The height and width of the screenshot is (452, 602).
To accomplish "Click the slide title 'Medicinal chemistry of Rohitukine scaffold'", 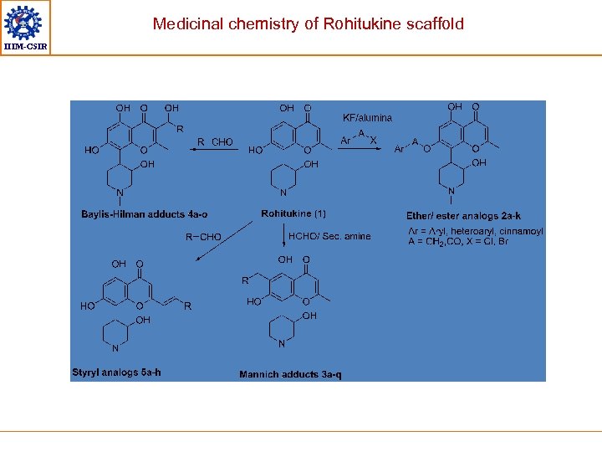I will (308, 23).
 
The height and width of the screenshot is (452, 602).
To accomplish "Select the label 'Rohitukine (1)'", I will (293, 214).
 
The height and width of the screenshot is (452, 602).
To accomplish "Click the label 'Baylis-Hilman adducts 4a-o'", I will (145, 214).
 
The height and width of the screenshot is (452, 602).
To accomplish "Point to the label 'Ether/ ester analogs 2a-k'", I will (463, 216).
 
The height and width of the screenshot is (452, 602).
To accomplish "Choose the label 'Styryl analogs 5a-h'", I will (116, 372).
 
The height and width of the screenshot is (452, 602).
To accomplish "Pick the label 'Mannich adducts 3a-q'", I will (290, 374).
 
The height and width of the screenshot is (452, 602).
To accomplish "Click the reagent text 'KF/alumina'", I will (367, 118).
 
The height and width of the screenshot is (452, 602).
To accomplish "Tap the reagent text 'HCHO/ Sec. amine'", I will (329, 237).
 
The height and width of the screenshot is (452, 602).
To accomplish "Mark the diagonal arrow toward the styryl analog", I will (224, 241).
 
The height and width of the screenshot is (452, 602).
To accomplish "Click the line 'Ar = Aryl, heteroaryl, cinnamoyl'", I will (475, 231).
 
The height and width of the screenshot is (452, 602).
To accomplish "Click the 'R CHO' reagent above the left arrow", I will (216, 141).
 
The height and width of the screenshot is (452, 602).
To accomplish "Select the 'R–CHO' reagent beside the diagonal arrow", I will (203, 237).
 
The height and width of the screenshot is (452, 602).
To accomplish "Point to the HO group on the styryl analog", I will (88, 306).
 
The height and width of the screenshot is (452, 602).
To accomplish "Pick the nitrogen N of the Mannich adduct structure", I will (282, 344).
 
